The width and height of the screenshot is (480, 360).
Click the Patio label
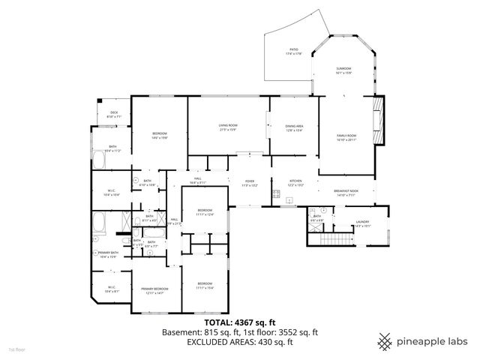point(295,51)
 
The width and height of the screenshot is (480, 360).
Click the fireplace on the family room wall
point(379,120)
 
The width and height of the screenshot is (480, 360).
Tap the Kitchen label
point(295,182)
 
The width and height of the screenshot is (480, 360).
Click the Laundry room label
point(362,223)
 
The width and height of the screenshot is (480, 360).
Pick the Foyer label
point(250,182)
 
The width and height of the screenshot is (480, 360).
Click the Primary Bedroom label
point(154,290)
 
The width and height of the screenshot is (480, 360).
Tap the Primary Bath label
point(109,254)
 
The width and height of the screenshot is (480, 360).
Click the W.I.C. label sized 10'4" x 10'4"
point(111,193)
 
